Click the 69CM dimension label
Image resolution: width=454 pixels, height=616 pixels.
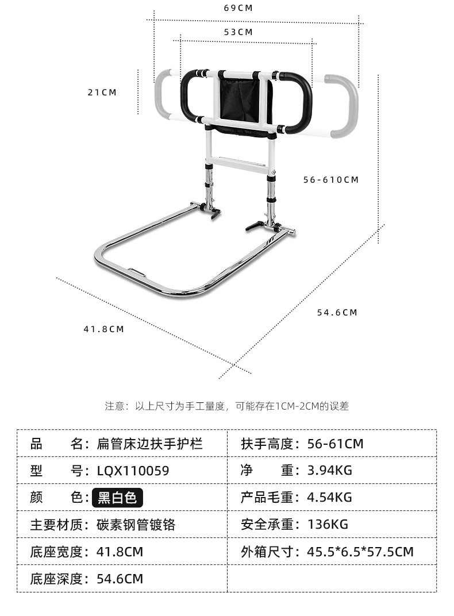coord(238,9)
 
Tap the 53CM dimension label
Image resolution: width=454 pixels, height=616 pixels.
coord(238,33)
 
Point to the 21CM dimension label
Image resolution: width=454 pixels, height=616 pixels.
coord(102,93)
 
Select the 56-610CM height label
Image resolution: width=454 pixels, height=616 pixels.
coord(331,180)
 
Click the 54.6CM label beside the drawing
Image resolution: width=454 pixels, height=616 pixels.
coord(337,313)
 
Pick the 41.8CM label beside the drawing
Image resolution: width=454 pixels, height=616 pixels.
coord(103,329)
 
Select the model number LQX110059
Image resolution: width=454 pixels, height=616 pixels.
coord(133,471)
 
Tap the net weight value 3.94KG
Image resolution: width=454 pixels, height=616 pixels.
coord(330,471)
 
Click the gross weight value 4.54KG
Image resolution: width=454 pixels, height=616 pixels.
coord(330,498)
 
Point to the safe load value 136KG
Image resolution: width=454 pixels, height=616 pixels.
coord(328,525)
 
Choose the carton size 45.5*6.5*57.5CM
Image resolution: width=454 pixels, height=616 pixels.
coord(360,552)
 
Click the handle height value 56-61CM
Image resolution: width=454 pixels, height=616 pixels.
coord(336,444)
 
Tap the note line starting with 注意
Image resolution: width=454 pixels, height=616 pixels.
coord(226,406)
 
